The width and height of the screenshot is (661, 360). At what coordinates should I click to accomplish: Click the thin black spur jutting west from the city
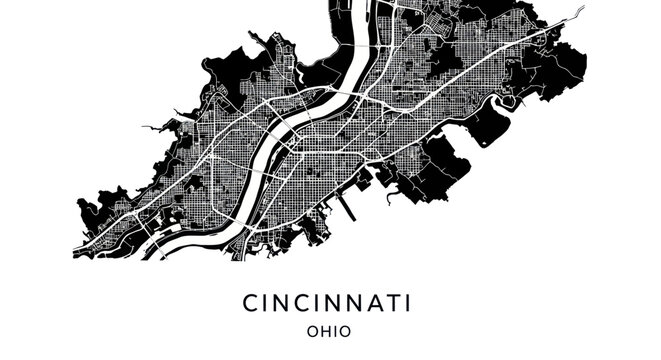(150, 128)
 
